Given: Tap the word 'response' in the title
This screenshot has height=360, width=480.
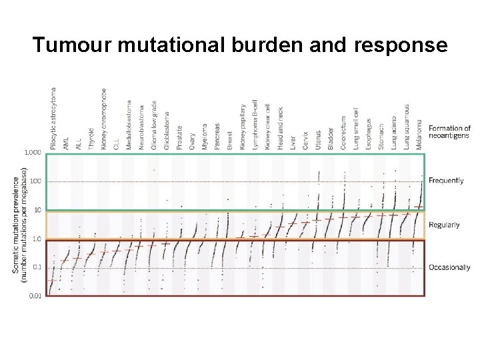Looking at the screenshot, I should [x=397, y=45].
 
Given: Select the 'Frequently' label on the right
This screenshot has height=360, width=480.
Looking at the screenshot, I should [x=446, y=181].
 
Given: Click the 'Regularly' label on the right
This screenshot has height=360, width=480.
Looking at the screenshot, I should [x=444, y=225].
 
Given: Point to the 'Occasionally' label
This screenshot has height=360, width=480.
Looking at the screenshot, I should [x=449, y=267].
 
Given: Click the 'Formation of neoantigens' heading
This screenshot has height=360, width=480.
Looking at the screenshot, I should [x=449, y=132].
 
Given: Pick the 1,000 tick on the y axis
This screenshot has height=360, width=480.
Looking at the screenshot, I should [x=33, y=153].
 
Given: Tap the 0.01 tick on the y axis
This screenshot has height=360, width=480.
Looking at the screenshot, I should [x=35, y=295].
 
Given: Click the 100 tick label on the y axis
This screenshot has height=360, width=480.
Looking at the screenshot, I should [x=35, y=181].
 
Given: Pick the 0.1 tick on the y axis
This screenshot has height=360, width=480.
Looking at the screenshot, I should [x=37, y=267].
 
